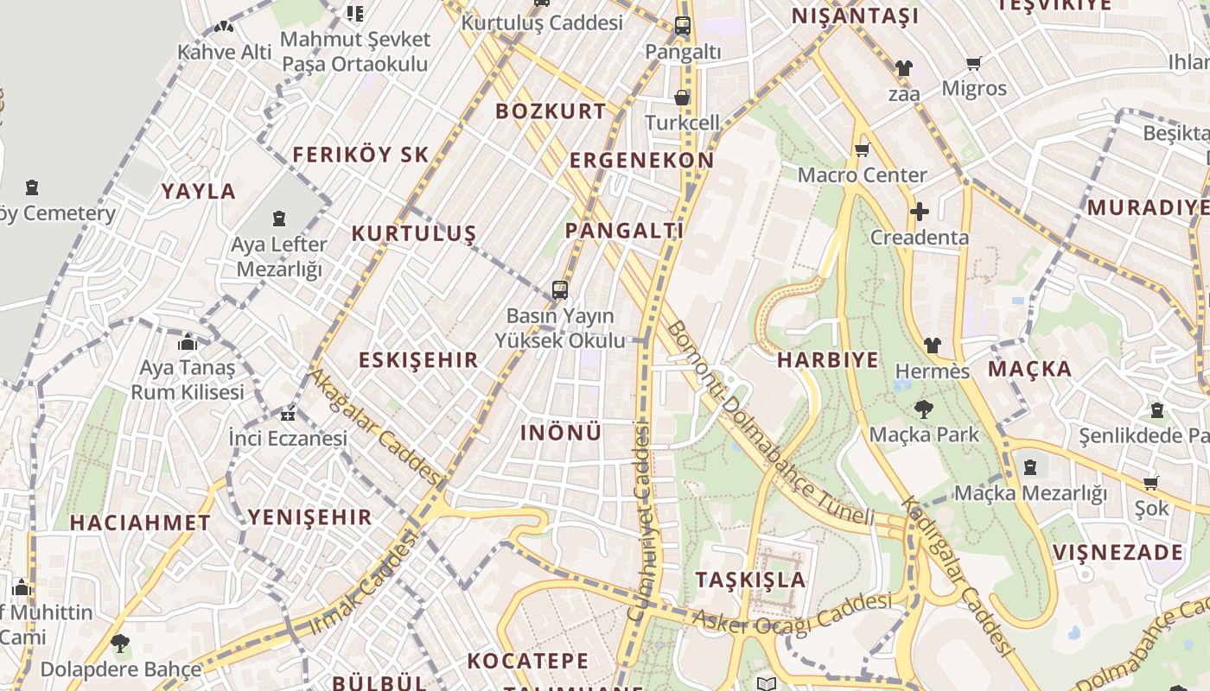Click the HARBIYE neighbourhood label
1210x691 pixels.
click(x=827, y=360)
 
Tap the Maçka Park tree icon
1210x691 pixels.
click(x=924, y=409)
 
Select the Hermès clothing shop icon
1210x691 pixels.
click(x=932, y=345)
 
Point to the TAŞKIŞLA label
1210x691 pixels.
click(x=751, y=580)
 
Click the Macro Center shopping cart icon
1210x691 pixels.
click(x=862, y=151)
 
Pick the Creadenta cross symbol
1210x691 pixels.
click(x=920, y=212)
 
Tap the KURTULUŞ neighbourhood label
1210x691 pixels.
click(x=414, y=233)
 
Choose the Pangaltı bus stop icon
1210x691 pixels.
click(x=683, y=26)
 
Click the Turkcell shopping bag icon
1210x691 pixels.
click(x=682, y=98)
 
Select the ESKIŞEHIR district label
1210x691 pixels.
click(x=418, y=360)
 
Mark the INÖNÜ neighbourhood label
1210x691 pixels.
click(x=561, y=433)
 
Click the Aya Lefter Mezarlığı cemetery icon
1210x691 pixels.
click(x=278, y=219)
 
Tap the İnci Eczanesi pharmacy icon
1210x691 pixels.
click(x=288, y=414)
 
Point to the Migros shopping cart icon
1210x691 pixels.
click(x=974, y=63)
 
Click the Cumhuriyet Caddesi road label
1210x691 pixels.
click(x=640, y=518)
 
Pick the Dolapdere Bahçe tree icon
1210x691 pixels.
click(x=120, y=643)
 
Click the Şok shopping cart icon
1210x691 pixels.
click(x=1150, y=484)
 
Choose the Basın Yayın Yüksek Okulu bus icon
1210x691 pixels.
click(x=560, y=290)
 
